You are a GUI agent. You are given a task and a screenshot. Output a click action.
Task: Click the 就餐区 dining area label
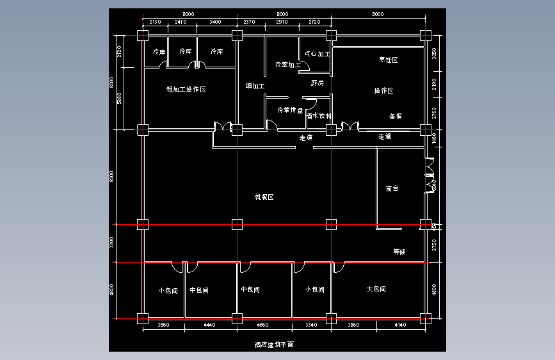pos(264,197)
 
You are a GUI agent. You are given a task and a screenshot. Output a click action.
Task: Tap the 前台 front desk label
pos(392,189)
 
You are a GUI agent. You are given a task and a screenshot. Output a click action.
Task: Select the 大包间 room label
pos(376,290)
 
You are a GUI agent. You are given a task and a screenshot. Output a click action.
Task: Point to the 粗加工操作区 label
pos(186,90)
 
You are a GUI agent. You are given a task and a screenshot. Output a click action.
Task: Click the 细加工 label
pos(255,86)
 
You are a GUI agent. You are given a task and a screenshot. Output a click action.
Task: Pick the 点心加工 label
pos(317,54)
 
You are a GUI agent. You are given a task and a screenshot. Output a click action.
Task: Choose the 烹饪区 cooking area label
pos(389,60)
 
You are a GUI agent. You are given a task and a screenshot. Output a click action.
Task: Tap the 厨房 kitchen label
pos(318,83)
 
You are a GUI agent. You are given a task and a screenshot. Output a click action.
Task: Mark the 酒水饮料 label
pos(318,116)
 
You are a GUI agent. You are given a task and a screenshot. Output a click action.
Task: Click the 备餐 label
pos(395,117)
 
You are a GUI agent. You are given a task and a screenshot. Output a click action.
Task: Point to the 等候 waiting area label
pos(399,252)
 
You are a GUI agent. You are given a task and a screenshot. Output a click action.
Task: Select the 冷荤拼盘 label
pos(290,110)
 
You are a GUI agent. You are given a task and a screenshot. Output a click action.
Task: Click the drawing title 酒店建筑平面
pos(273,345)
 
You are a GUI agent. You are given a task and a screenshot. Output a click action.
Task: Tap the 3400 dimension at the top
pos(215,22)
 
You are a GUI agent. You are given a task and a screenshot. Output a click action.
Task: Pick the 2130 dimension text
pos(154,22)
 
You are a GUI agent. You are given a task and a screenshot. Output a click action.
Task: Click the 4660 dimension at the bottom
pos(263,325)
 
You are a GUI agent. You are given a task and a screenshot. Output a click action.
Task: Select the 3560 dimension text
pos(163,325)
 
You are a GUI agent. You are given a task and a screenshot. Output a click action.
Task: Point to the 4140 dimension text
pos(400,325)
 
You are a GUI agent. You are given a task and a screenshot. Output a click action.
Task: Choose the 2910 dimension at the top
pos(282,22)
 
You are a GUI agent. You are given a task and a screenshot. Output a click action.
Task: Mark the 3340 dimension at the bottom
pos(312,325)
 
